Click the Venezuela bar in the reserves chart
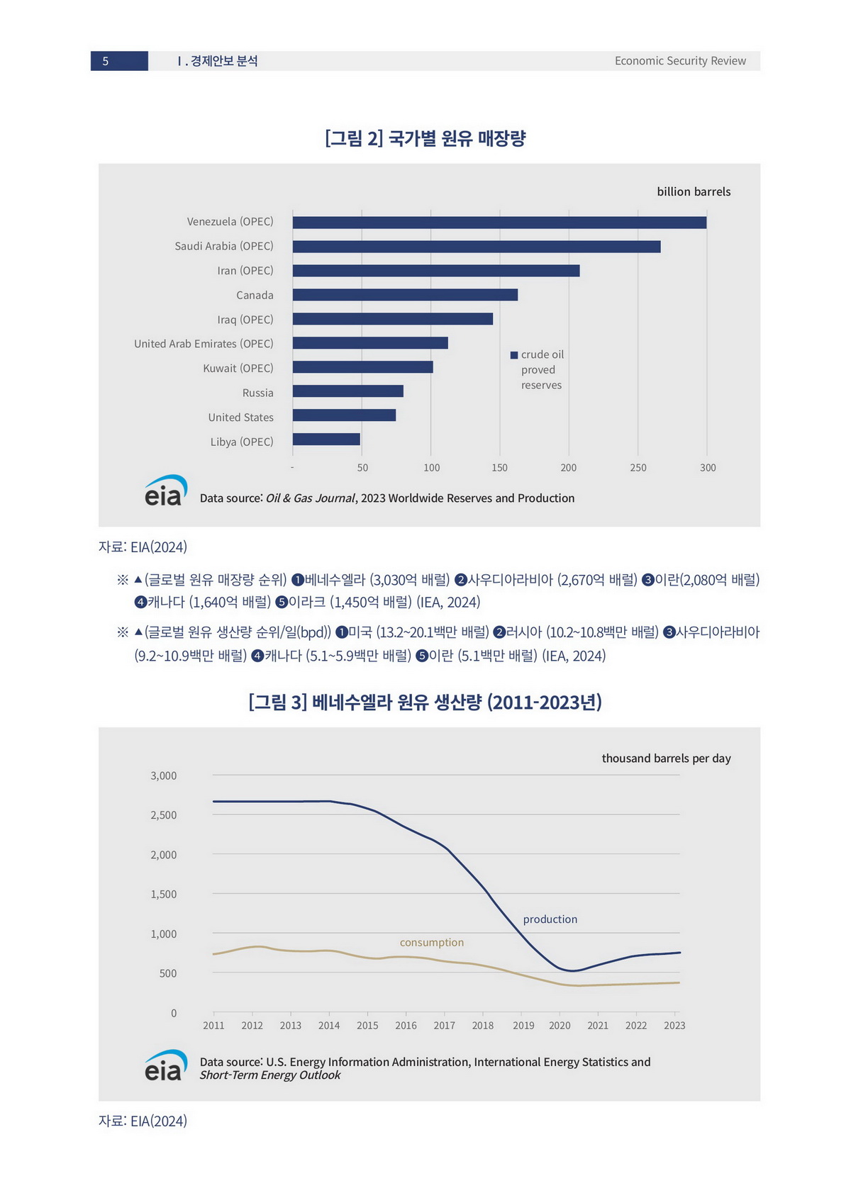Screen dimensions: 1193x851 [499, 223]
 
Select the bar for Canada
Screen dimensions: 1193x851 [405, 295]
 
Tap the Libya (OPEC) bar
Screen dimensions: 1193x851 [326, 439]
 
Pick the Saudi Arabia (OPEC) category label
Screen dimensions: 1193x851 [223, 246]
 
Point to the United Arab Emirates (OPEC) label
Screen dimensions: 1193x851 [204, 344]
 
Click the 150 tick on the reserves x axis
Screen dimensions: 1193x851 [499, 468]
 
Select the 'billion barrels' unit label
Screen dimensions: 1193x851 [693, 191]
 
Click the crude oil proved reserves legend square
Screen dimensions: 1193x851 [514, 355]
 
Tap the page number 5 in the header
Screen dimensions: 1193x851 [106, 61]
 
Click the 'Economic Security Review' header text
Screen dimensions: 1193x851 [679, 61]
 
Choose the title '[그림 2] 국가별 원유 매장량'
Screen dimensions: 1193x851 [425, 138]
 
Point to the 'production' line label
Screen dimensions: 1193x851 [550, 919]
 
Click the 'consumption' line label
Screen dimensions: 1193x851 [431, 943]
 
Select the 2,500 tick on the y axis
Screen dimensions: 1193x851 [163, 815]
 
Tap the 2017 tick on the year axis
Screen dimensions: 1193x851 [444, 1026]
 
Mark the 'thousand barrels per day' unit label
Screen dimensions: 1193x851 [666, 758]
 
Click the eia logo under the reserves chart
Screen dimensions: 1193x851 [165, 491]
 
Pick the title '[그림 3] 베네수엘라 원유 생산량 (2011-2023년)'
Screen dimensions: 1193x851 [425, 702]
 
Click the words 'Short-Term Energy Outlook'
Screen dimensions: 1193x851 [269, 1075]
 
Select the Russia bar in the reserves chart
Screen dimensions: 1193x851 [347, 391]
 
